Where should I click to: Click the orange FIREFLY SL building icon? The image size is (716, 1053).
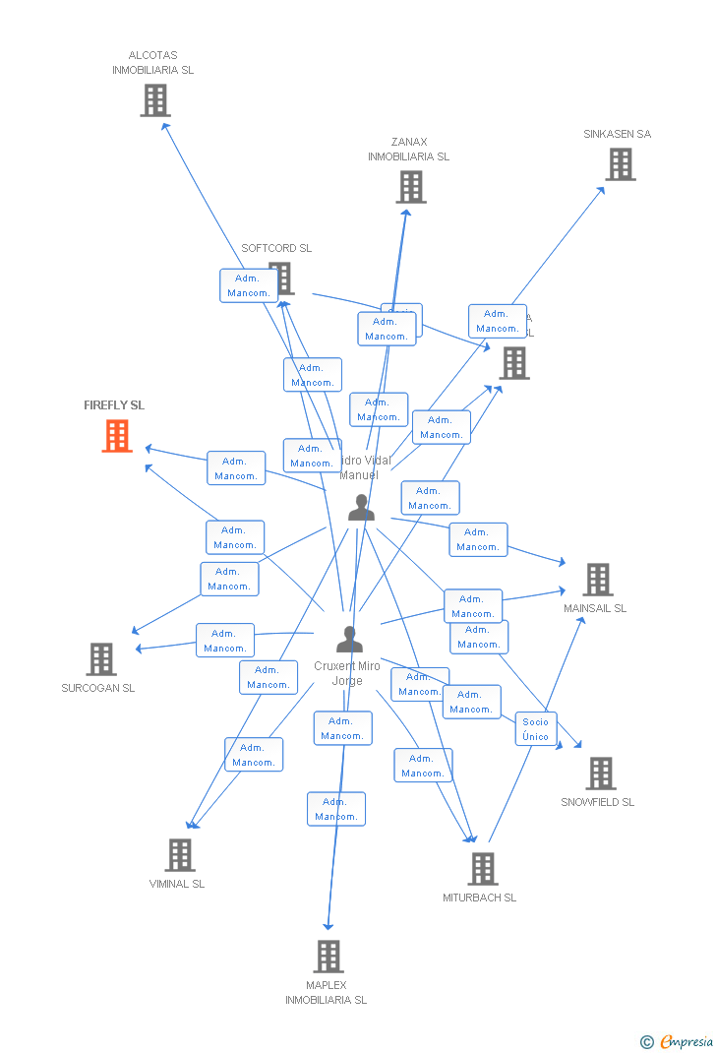pos(117,436)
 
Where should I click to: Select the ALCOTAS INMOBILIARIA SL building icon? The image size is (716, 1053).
pos(154,100)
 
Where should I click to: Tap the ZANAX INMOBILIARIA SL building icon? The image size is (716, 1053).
pos(410,187)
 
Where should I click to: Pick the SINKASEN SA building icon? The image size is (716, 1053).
pos(620,164)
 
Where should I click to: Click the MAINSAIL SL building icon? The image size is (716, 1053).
pos(597,580)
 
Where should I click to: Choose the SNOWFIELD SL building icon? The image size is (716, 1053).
pos(600,774)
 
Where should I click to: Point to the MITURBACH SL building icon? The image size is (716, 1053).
pos(482,869)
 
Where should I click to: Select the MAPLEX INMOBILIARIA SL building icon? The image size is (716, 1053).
pos(328,956)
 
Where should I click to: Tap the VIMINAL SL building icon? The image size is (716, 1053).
pos(179,855)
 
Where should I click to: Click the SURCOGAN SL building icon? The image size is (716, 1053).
pos(100,658)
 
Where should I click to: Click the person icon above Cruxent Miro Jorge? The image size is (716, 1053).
pos(349,640)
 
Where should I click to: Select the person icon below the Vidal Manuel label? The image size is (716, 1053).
pos(361,508)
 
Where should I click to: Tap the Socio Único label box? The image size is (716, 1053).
pos(536,729)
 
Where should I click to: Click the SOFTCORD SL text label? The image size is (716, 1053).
pos(276,248)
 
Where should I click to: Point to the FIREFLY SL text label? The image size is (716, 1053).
pos(114,405)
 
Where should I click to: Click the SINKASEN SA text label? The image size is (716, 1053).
pos(617,134)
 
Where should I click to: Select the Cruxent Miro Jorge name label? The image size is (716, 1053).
pos(347,673)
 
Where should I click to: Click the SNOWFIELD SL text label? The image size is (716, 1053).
pos(597,802)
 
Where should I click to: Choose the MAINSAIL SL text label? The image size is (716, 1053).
pos(595,608)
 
